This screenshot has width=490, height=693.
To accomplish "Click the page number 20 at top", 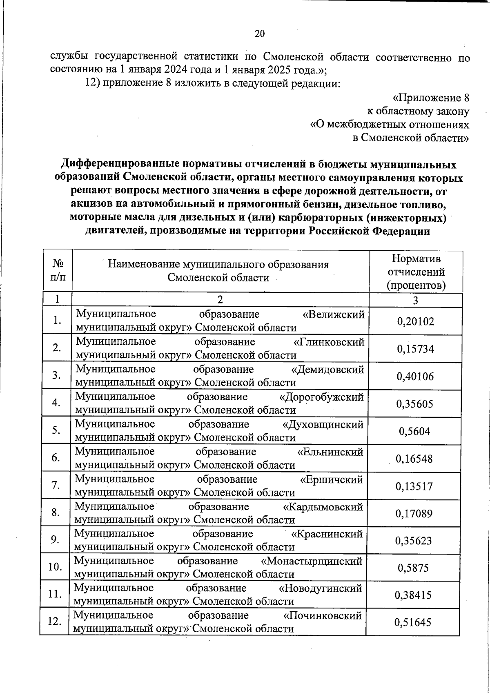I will (x=260, y=34).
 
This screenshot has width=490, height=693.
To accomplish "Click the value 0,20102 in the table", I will (x=415, y=321).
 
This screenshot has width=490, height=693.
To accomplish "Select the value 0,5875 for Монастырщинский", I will (x=413, y=568).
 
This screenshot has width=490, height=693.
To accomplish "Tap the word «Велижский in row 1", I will (x=334, y=314).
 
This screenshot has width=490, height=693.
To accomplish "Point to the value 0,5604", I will (x=414, y=431).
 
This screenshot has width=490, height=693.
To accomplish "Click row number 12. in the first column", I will (x=54, y=622).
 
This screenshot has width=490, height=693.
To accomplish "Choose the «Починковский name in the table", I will (x=322, y=615).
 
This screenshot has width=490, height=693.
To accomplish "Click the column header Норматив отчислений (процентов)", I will (x=416, y=272).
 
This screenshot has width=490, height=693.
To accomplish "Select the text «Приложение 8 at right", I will (x=430, y=98).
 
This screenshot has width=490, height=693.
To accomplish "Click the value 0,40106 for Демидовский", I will (x=415, y=377).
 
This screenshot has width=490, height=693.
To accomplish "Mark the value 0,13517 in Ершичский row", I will (x=414, y=486).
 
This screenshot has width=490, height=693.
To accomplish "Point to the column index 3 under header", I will (x=415, y=301).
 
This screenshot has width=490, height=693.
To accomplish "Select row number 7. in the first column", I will (x=56, y=485).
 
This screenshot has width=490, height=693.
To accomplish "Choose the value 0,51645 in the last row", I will (x=413, y=622).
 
